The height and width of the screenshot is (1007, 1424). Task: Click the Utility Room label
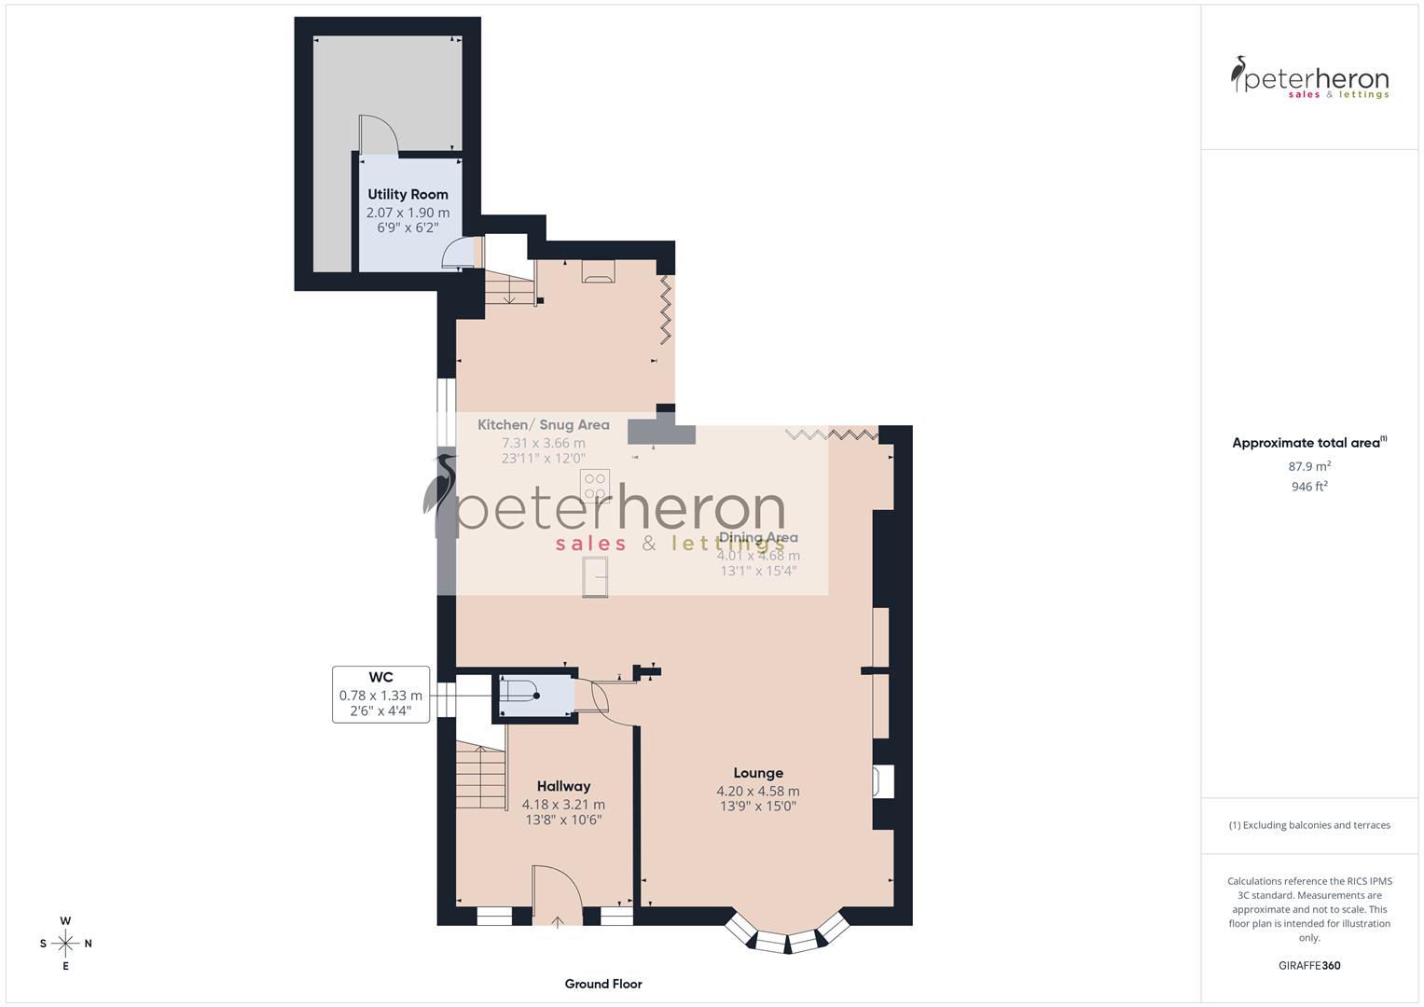(x=408, y=194)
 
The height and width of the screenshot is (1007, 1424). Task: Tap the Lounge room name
(x=758, y=772)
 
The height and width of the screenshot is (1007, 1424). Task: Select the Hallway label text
(x=563, y=786)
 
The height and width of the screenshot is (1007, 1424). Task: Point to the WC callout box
(x=380, y=694)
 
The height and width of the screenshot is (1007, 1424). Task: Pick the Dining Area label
(x=758, y=537)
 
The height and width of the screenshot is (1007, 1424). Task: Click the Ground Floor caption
(x=603, y=984)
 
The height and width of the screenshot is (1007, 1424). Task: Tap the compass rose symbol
(x=65, y=943)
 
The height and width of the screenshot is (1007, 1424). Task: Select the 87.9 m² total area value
(x=1309, y=466)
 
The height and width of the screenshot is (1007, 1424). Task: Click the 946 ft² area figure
(x=1309, y=487)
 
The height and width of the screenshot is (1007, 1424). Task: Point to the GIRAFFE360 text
(x=1309, y=965)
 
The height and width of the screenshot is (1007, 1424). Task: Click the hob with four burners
(x=594, y=485)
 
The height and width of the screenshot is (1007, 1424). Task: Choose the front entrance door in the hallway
(x=557, y=896)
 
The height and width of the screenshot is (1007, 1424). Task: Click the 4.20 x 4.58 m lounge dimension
(x=758, y=791)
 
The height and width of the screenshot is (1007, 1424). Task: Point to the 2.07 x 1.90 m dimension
(x=408, y=213)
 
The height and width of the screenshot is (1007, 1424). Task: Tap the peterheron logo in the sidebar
(x=1309, y=78)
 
